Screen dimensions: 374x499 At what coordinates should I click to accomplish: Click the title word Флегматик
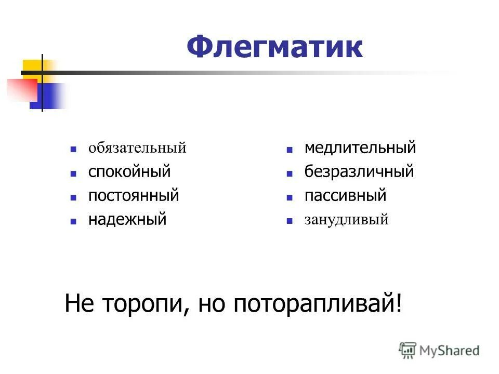coord(275,48)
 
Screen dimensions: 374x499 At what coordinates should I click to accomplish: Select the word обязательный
coord(137,148)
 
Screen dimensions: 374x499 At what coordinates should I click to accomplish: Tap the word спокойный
coord(129,171)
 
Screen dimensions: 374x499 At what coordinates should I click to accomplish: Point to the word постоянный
coord(134,196)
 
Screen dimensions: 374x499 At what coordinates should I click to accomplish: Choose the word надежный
coord(127,219)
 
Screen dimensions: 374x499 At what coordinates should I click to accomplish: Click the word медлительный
coord(360,148)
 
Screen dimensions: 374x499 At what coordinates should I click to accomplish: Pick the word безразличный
coord(359,171)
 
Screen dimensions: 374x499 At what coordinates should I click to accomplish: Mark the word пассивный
coord(346,196)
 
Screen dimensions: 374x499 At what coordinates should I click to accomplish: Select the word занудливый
coord(347,220)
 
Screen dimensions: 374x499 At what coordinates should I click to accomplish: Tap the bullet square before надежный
coord(74,221)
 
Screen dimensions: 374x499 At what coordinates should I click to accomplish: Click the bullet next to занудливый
coord(290,221)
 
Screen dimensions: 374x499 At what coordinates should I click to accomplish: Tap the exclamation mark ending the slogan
coord(399,303)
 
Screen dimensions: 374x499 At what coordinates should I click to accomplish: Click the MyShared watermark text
coord(450,351)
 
